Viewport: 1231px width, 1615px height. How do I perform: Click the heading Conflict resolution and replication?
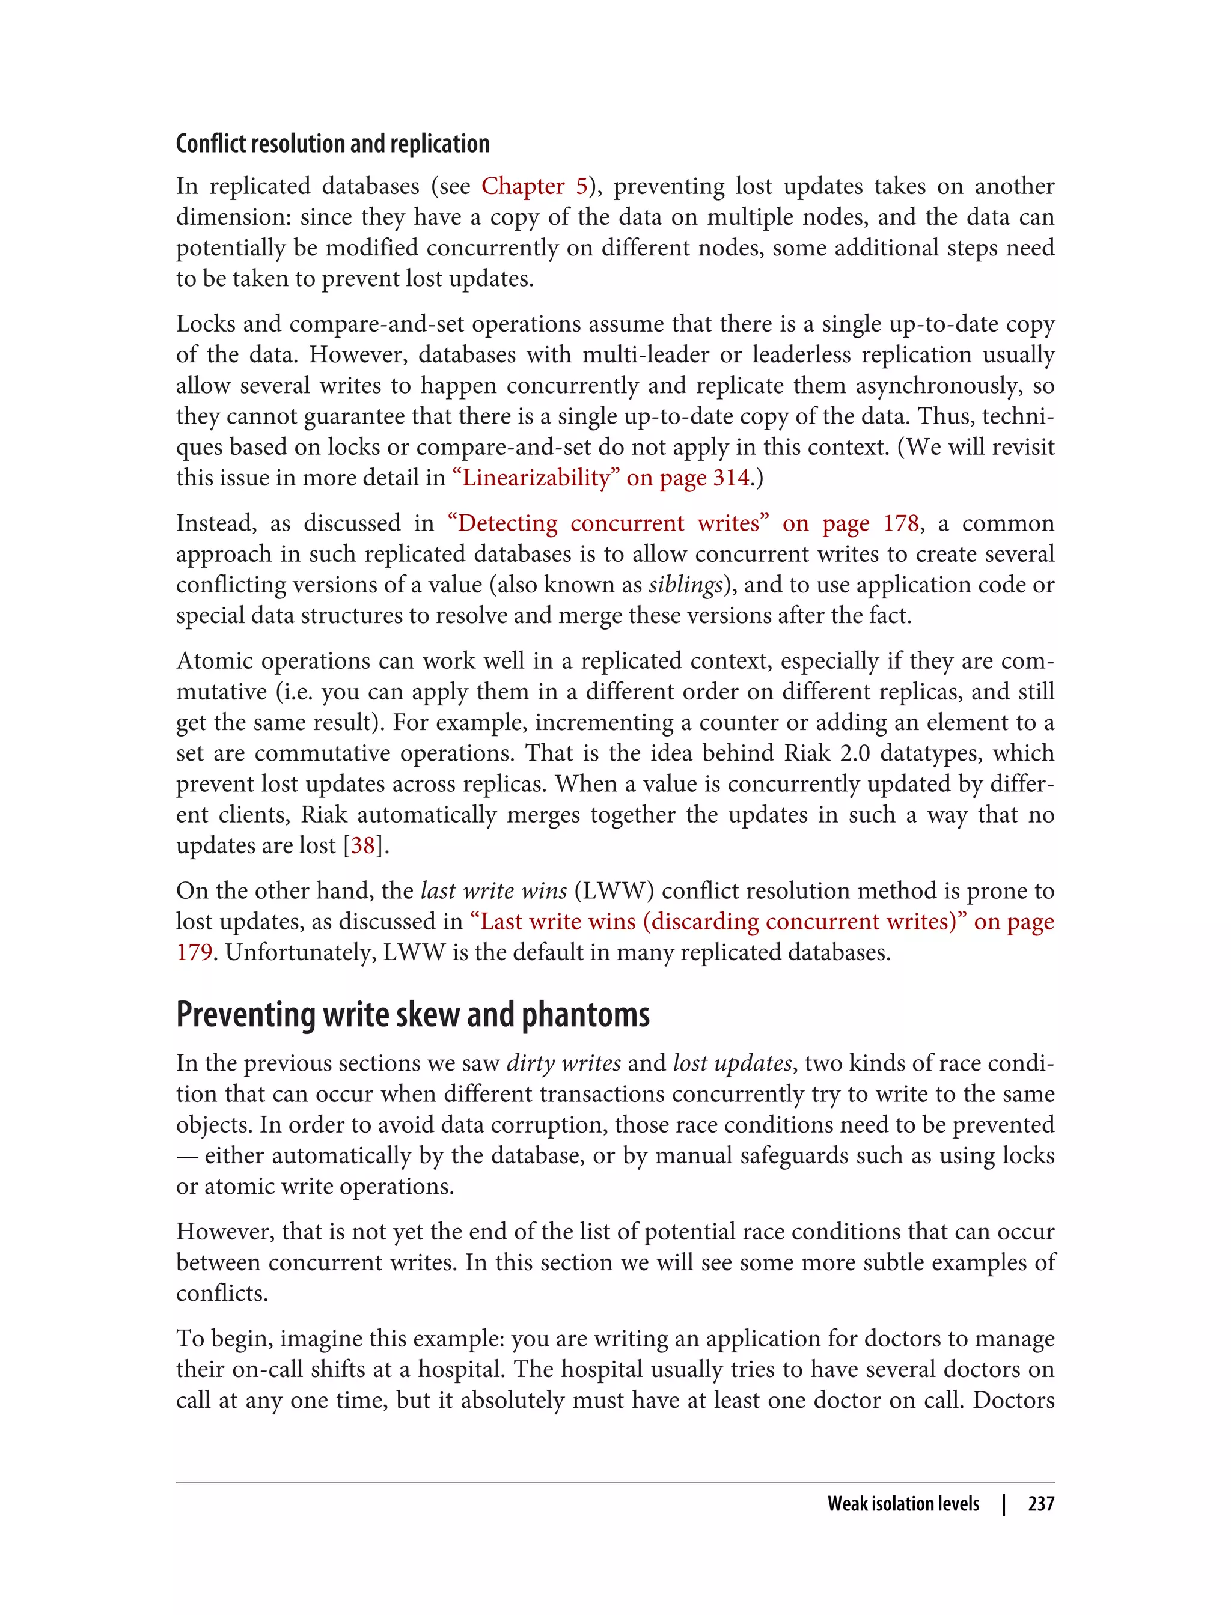point(332,144)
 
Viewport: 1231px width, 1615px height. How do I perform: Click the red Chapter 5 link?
point(534,186)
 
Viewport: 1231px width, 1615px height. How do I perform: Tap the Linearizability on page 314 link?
point(602,478)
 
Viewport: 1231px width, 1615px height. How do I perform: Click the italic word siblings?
point(685,585)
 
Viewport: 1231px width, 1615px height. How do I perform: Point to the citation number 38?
point(362,845)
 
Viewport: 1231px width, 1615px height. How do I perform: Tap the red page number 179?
point(194,952)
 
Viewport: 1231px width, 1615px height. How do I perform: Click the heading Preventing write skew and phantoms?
point(412,1014)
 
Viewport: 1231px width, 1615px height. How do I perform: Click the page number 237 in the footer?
point(1040,1504)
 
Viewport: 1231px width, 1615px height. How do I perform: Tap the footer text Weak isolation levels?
point(903,1504)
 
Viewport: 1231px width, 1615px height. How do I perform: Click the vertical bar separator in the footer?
point(1004,1504)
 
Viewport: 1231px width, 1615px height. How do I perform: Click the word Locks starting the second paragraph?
point(204,324)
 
